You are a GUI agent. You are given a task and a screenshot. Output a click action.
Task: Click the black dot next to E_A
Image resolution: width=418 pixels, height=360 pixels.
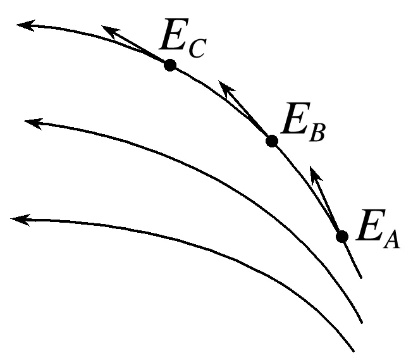pos(342,236)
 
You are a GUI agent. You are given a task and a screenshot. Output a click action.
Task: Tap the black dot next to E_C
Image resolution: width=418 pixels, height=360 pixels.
pos(169,65)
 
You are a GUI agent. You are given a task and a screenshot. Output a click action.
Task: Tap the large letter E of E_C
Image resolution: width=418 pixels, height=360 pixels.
pos(173,38)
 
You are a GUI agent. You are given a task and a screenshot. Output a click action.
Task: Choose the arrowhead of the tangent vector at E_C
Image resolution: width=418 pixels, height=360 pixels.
pos(108,31)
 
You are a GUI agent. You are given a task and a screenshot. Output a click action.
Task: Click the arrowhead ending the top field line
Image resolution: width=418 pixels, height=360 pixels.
pos(23,25)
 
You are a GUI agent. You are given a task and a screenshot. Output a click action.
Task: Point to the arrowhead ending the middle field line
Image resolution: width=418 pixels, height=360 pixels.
pos(30,121)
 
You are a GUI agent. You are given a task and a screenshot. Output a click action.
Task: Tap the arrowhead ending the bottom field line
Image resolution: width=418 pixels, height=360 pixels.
pos(18,220)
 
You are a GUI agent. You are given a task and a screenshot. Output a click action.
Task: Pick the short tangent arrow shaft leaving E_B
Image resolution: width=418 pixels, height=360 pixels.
pos(248,114)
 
